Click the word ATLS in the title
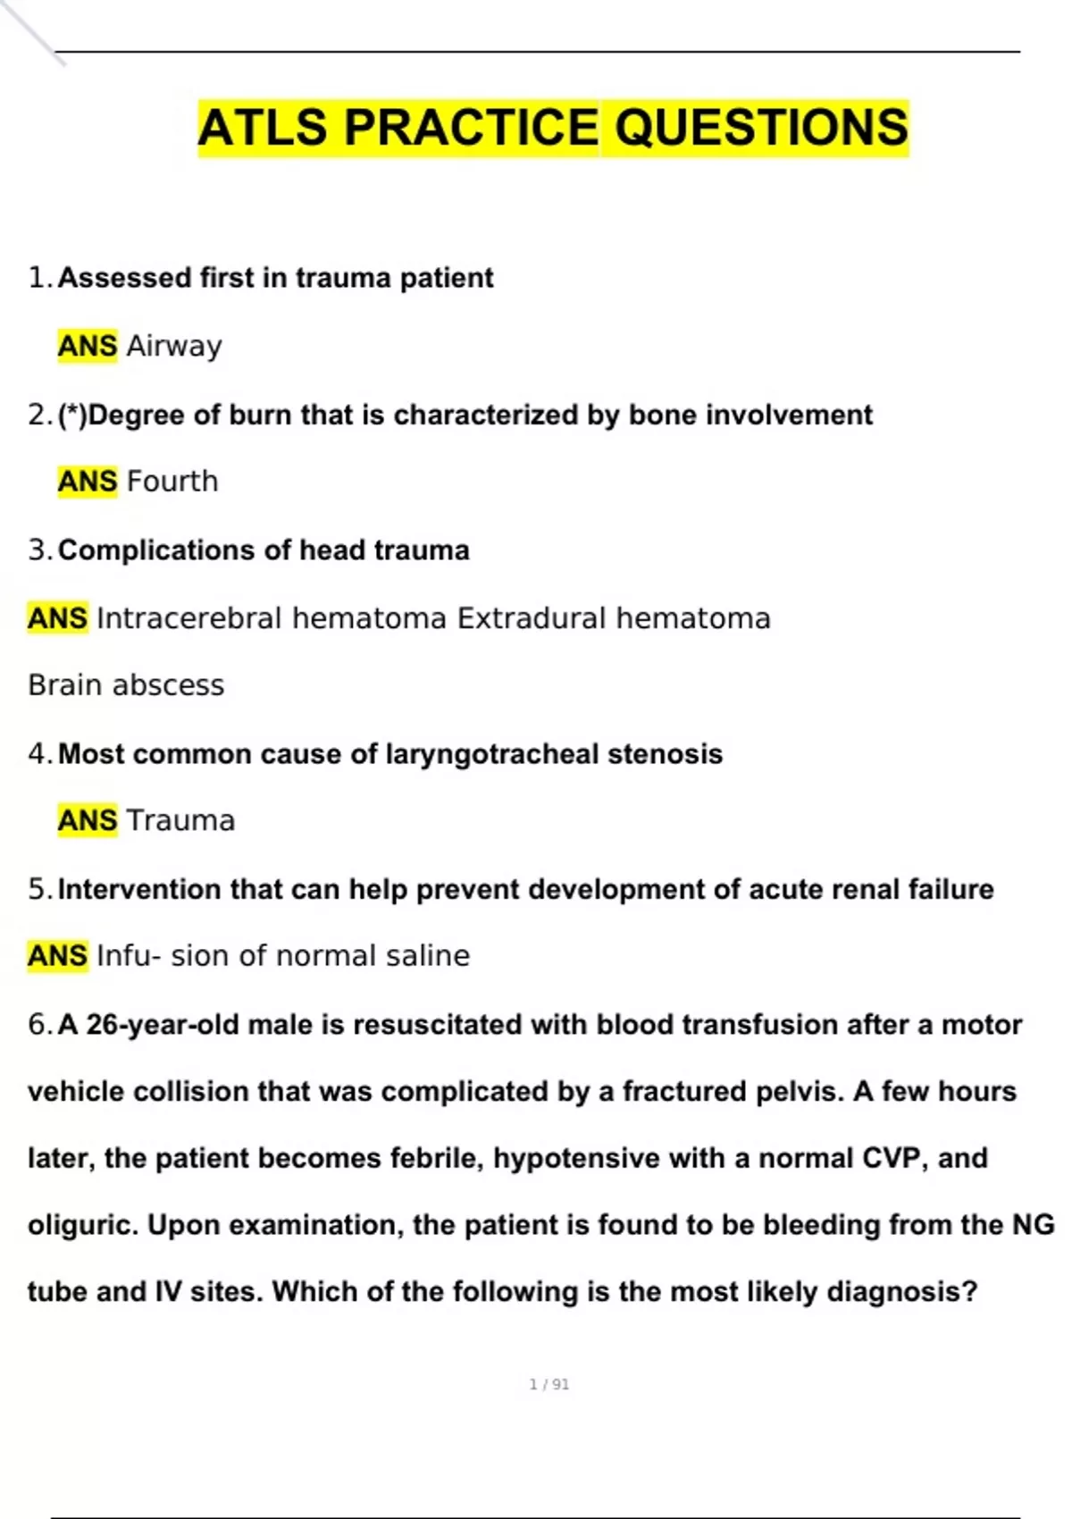[263, 128]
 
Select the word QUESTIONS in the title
[760, 128]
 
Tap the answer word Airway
[174, 346]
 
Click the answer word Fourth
[172, 482]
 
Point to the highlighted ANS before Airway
[87, 346]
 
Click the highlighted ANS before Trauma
[87, 820]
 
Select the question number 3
[37, 550]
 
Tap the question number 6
[37, 1025]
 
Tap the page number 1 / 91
[549, 1385]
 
